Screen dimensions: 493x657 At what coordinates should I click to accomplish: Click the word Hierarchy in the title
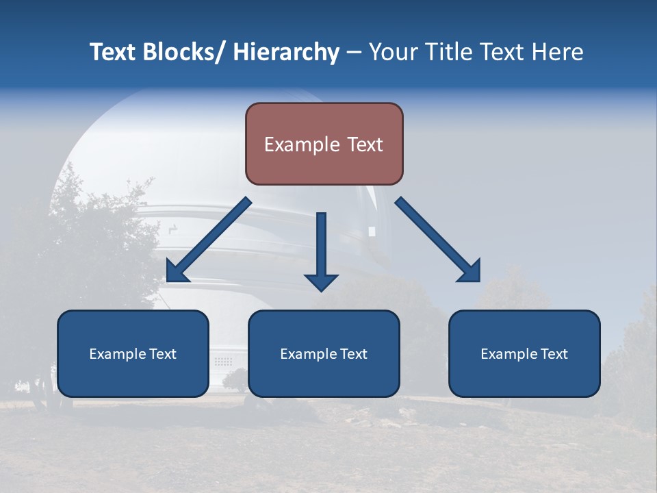coord(286,52)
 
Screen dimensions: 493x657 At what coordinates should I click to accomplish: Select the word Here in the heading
coord(558,52)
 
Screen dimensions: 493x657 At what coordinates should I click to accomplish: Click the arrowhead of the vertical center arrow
coord(321,281)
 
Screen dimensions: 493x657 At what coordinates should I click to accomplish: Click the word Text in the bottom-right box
coord(554,354)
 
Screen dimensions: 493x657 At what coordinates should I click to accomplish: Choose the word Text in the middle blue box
coord(353,354)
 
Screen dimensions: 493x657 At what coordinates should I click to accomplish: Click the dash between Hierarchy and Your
coord(354,53)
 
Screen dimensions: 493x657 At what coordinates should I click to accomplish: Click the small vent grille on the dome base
coord(222,360)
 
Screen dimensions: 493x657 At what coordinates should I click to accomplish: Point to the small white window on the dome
coord(372,231)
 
